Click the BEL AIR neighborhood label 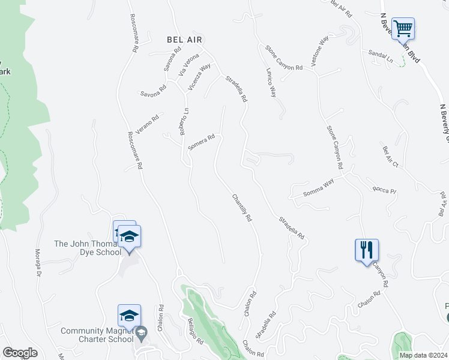click(x=184, y=39)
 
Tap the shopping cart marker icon click(x=404, y=28)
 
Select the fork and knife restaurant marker click(x=367, y=249)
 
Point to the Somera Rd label click(x=201, y=142)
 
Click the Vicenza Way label click(x=199, y=77)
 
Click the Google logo click(x=20, y=353)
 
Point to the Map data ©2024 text click(x=423, y=355)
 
